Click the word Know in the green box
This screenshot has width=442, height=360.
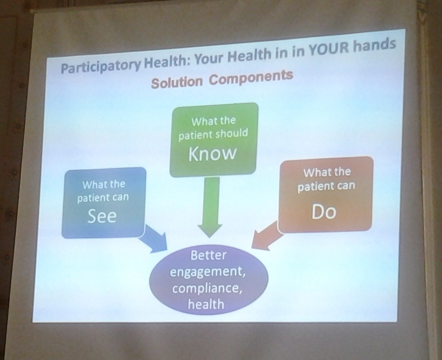[212, 154]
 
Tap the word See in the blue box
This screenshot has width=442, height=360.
[102, 216]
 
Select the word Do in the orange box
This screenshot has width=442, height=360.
[324, 212]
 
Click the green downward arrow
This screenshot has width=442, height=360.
[210, 207]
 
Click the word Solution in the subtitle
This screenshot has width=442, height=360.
[177, 82]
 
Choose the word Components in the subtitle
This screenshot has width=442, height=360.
[251, 77]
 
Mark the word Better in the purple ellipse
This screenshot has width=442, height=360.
[208, 255]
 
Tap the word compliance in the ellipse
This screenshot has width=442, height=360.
[207, 289]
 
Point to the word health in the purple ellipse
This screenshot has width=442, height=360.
[206, 304]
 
